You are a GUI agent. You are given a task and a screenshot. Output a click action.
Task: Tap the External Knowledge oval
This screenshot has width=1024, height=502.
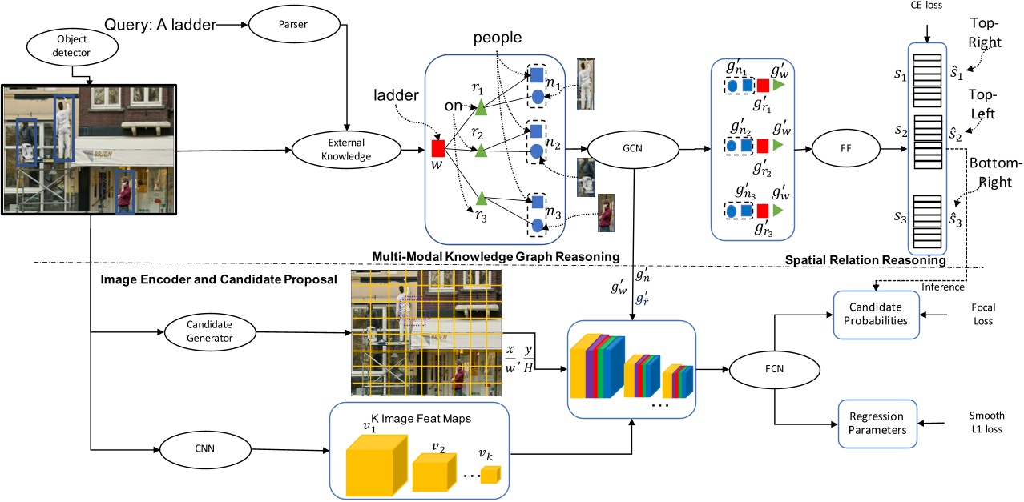[x=346, y=151]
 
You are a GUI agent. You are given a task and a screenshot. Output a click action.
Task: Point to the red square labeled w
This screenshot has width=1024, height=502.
[x=438, y=148]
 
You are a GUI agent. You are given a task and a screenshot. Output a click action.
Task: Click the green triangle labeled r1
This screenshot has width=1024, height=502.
[x=480, y=107]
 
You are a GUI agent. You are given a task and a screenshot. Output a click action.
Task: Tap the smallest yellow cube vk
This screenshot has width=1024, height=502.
[x=490, y=475]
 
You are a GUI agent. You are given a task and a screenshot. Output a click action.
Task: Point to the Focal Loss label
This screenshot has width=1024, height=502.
[x=982, y=314]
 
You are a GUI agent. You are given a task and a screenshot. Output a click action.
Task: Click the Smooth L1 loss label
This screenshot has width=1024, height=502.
[x=985, y=423]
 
